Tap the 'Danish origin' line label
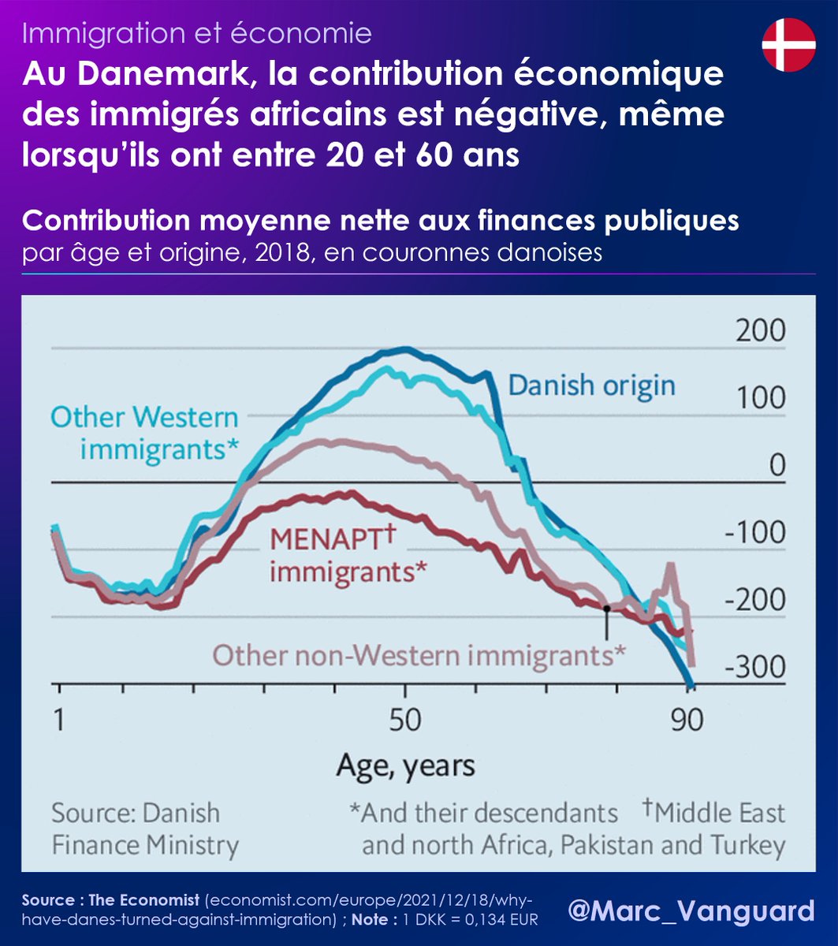pos(591,385)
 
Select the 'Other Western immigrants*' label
pos(144,434)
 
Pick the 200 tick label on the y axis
pos(761,330)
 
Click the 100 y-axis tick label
pos(761,397)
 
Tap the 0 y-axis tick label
pos(777,465)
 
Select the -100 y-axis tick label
pos(756,533)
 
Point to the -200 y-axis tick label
pos(756,601)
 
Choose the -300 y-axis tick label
pos(756,668)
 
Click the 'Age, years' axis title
pos(406,764)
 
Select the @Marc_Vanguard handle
pos(691,911)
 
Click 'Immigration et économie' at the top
pos(197,33)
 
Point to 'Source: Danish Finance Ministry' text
pos(145,829)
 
